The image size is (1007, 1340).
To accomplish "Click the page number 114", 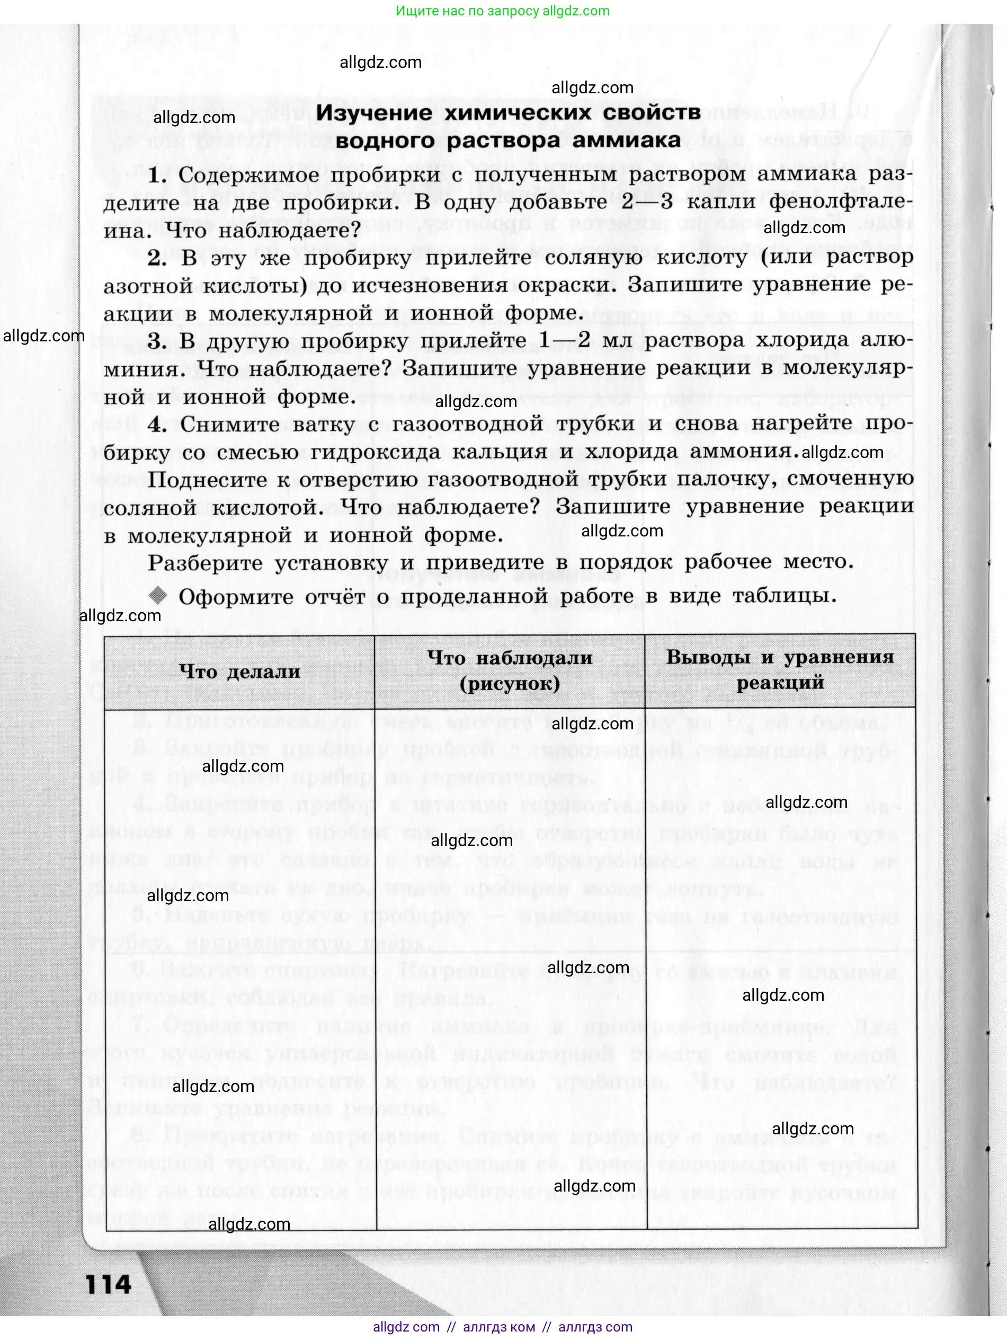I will click(x=109, y=1284).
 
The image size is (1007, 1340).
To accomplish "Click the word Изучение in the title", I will click(x=374, y=113).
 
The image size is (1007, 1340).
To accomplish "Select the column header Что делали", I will click(x=240, y=671).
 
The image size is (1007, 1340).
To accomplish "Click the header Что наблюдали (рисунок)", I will click(x=510, y=670).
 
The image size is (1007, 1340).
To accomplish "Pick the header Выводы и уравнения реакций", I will click(x=780, y=669).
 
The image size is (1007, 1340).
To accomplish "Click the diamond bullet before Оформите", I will click(x=158, y=595).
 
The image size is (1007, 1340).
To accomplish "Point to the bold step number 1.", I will click(x=157, y=175).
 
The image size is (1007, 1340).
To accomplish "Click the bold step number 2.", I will click(x=157, y=259).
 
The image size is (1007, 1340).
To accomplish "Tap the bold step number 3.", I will click(x=157, y=341).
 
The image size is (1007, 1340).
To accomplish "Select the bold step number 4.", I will click(x=157, y=424).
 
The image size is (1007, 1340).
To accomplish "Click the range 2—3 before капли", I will click(x=647, y=202).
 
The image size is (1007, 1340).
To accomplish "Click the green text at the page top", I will click(x=503, y=11).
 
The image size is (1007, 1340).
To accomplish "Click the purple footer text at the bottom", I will click(x=503, y=1327).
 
